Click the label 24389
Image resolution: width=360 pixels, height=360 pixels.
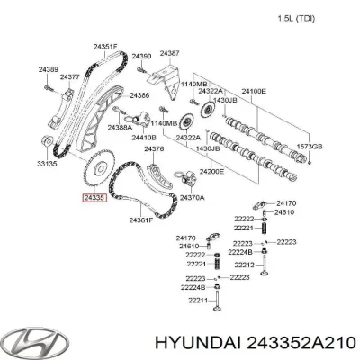[49, 68]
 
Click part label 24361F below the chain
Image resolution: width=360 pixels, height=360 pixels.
[140, 220]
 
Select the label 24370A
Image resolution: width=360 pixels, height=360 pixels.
[192, 197]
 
